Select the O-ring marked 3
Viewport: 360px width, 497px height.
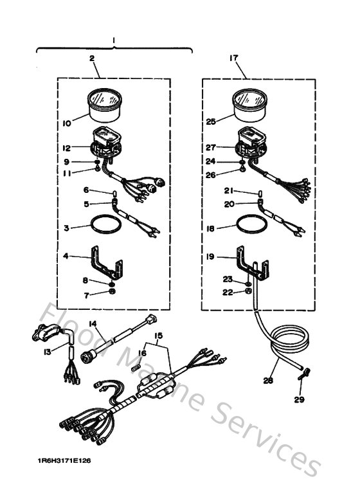[104, 226]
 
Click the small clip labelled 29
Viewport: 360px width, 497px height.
[306, 372]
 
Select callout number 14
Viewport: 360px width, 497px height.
[93, 323]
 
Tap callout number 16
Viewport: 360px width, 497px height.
[142, 353]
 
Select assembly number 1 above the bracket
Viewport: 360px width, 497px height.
[114, 41]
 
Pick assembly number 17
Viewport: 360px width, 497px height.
[233, 58]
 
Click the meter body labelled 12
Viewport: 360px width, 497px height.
[105, 146]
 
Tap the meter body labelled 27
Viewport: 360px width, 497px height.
[253, 145]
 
